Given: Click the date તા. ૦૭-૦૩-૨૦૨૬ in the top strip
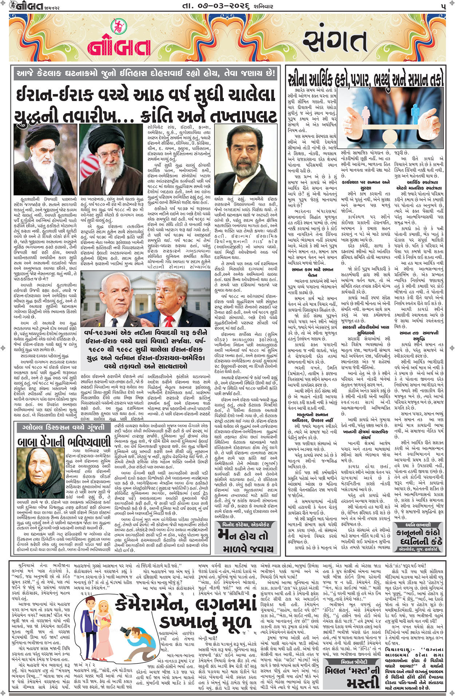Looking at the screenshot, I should click(227, 6).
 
